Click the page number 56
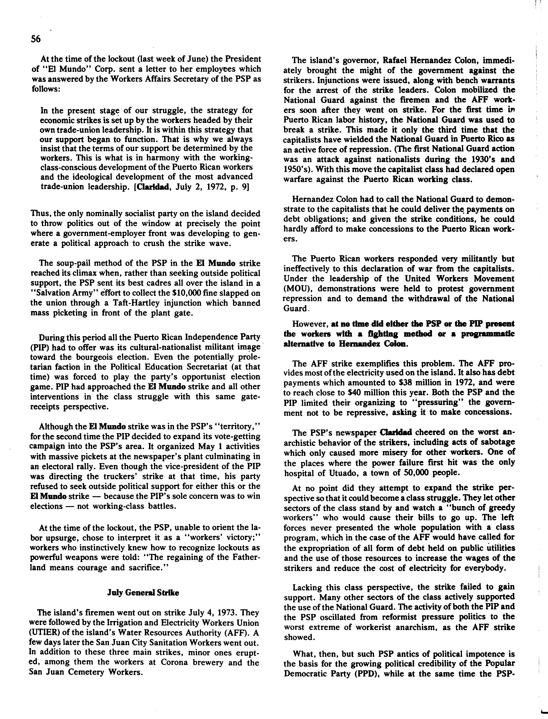click(x=35, y=39)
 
